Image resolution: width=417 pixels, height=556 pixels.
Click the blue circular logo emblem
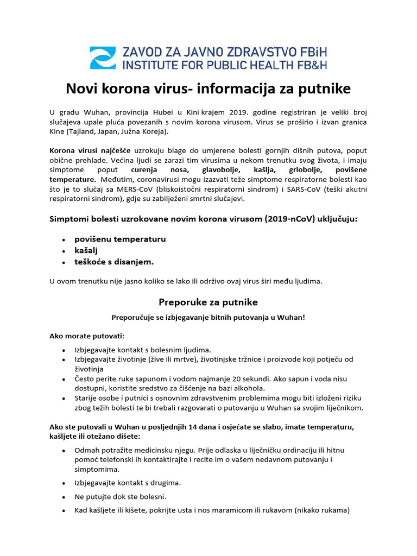tap(103, 58)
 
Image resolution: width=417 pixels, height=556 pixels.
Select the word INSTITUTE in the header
tap(154, 65)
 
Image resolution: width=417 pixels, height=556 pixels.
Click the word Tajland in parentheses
tap(83, 132)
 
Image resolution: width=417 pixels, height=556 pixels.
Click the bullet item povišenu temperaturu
tap(120, 239)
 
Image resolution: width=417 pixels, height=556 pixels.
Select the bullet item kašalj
tap(87, 250)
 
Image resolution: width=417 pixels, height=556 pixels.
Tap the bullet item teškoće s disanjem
tap(114, 262)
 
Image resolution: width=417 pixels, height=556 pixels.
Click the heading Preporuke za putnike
tap(208, 302)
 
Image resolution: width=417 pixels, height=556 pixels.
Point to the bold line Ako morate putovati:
tap(87, 336)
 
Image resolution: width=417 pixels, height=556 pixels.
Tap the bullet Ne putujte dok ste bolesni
tap(120, 497)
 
